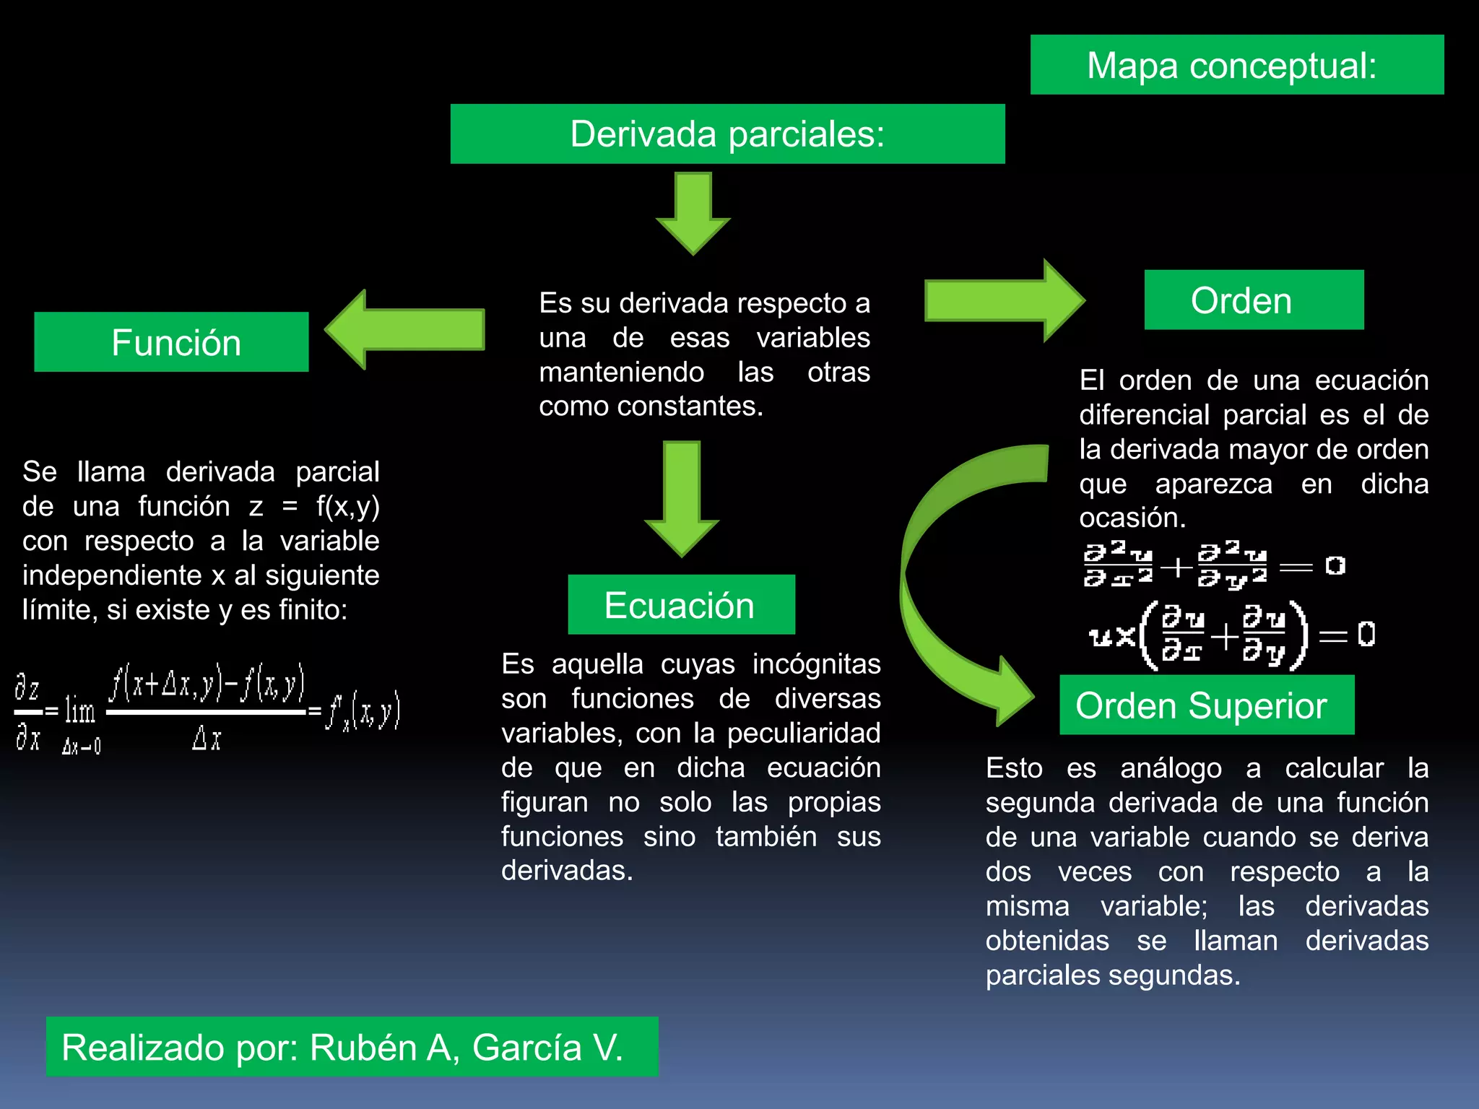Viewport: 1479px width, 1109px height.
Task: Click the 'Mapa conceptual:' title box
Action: click(x=1236, y=65)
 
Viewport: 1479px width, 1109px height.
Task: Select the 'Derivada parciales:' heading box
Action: click(x=727, y=134)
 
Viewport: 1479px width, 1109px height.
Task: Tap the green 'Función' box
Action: click(x=171, y=342)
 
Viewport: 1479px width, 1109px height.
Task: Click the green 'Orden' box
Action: click(x=1254, y=300)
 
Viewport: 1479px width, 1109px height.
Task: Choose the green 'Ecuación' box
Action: click(x=681, y=605)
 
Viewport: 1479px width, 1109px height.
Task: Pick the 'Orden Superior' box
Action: click(x=1206, y=705)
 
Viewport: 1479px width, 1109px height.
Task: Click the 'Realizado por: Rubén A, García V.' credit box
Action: click(x=352, y=1047)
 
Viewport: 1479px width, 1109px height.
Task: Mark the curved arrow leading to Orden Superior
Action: click(x=953, y=578)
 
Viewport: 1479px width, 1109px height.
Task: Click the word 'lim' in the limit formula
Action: click(x=79, y=712)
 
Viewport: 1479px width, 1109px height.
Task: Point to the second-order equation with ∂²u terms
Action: click(x=1213, y=565)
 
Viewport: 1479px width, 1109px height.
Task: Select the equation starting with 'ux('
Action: click(x=1231, y=635)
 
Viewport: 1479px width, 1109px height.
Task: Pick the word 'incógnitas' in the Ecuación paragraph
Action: click(x=816, y=664)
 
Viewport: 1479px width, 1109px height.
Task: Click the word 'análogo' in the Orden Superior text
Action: click(x=1171, y=768)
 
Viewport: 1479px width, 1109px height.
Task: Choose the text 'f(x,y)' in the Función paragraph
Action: click(x=347, y=506)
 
